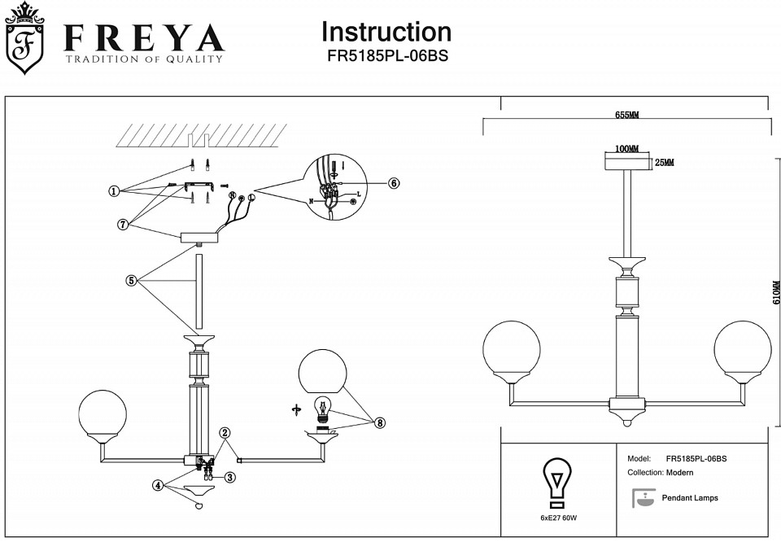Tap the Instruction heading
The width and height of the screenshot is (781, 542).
point(386,32)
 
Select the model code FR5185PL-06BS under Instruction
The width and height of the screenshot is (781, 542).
point(386,56)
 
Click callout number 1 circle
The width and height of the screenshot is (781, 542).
point(114,191)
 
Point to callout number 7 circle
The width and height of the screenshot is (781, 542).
point(123,225)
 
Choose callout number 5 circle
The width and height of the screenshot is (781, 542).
point(131,281)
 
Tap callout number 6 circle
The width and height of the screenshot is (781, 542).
point(394,183)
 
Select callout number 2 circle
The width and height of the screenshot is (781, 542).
point(225,433)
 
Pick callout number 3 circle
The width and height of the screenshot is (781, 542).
point(230,477)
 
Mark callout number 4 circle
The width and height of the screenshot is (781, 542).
point(158,485)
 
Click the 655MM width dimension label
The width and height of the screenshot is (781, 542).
point(626,116)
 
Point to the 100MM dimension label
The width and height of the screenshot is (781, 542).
point(626,149)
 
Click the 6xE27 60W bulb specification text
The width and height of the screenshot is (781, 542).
point(557,518)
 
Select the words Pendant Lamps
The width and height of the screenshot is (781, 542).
point(690,498)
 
